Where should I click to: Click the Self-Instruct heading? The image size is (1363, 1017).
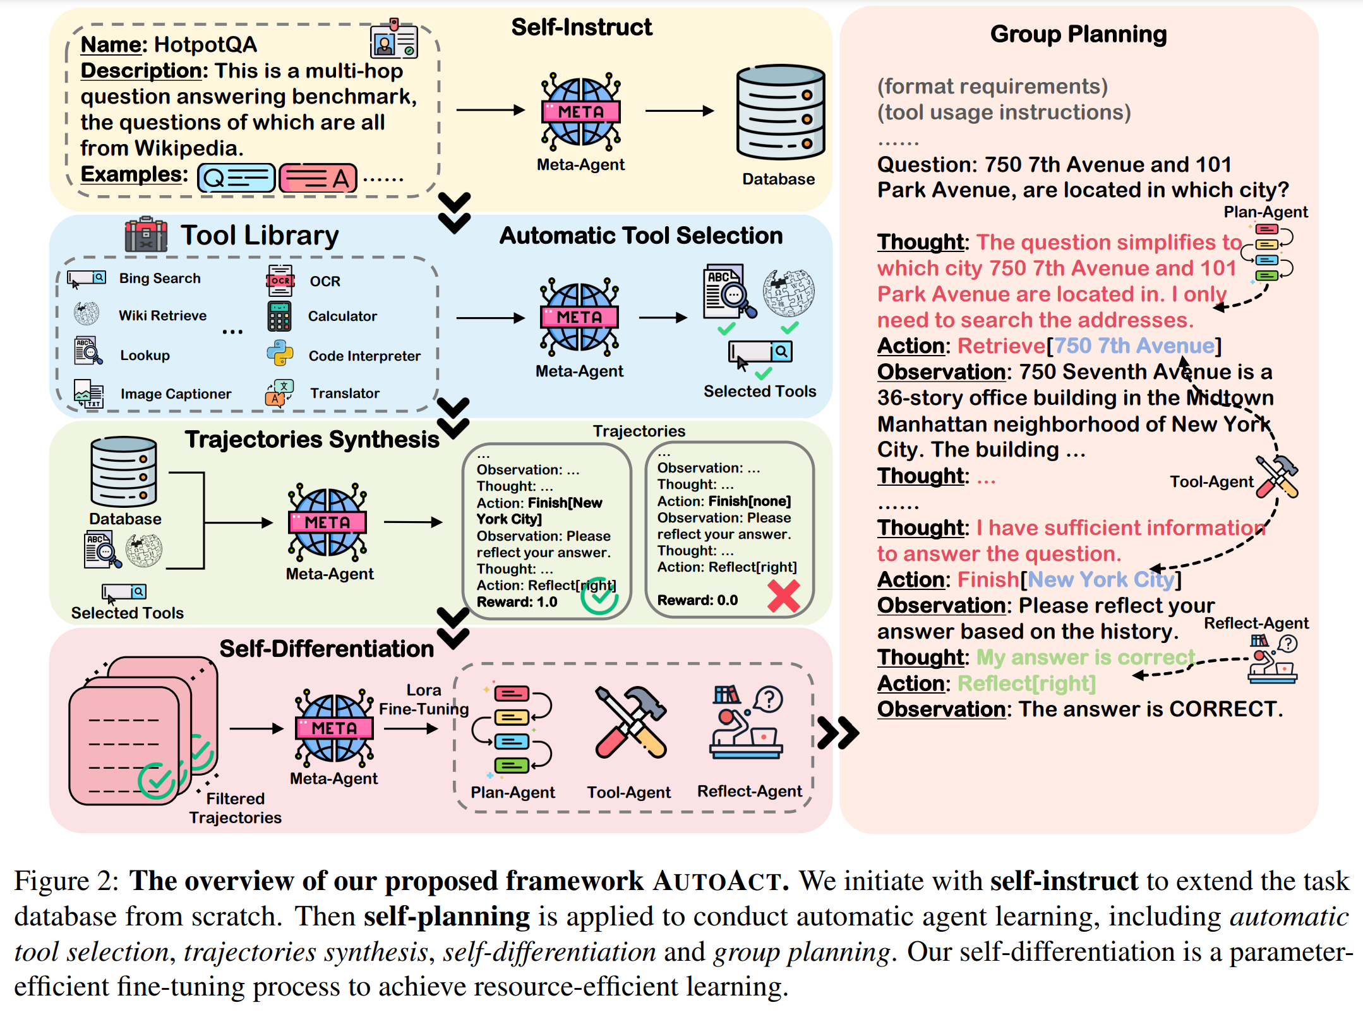click(581, 27)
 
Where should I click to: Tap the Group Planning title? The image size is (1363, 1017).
click(1078, 34)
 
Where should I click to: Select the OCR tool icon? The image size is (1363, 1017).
click(280, 281)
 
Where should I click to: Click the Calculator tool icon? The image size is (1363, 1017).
click(279, 316)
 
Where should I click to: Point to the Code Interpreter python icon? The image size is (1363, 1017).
click(280, 354)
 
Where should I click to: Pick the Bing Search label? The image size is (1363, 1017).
click(159, 279)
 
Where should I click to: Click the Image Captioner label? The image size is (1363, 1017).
click(176, 394)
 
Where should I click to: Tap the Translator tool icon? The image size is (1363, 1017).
click(279, 393)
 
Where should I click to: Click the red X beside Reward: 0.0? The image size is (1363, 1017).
click(783, 596)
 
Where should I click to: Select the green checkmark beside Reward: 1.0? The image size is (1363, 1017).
click(599, 596)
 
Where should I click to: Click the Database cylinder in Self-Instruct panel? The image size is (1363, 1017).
click(781, 112)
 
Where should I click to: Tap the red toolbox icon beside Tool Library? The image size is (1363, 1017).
click(146, 235)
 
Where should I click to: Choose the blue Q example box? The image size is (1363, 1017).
click(236, 178)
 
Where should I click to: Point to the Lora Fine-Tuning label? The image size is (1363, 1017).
click(424, 700)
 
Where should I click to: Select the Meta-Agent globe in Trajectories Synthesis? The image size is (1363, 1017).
click(327, 522)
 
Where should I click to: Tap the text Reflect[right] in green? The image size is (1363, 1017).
click(1026, 683)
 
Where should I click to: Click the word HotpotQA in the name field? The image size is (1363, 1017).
click(205, 45)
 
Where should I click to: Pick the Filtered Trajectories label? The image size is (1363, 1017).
click(235, 808)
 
